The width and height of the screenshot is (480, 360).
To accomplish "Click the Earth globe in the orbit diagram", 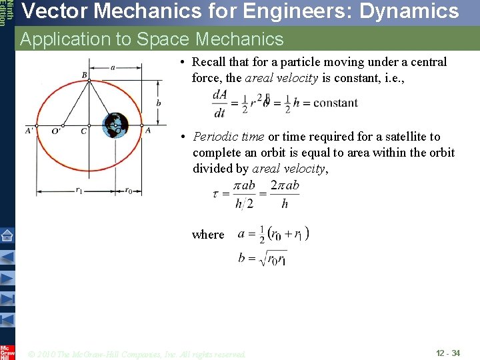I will [x=115, y=125].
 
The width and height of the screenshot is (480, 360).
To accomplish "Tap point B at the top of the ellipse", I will [x=85, y=75].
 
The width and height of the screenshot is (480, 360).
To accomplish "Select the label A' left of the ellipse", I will [x=30, y=131].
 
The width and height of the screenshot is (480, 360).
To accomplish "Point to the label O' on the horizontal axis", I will [x=56, y=131].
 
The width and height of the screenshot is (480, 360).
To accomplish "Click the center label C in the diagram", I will [x=83, y=131].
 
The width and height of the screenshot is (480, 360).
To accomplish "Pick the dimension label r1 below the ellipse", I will [x=78, y=190].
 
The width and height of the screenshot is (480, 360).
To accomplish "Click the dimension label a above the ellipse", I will [x=113, y=67].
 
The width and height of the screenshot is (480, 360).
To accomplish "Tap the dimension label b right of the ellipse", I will [x=158, y=103].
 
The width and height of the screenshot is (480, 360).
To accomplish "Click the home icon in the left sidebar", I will [x=7, y=235].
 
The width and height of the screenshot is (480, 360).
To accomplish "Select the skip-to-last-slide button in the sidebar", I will [x=7, y=299].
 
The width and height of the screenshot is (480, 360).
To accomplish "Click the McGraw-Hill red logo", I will [x=7, y=351].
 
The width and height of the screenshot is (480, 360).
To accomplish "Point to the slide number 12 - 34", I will [x=448, y=353].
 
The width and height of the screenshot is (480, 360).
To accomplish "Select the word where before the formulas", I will [x=208, y=235].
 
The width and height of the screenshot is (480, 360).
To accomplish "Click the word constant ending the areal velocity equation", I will [x=335, y=103].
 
